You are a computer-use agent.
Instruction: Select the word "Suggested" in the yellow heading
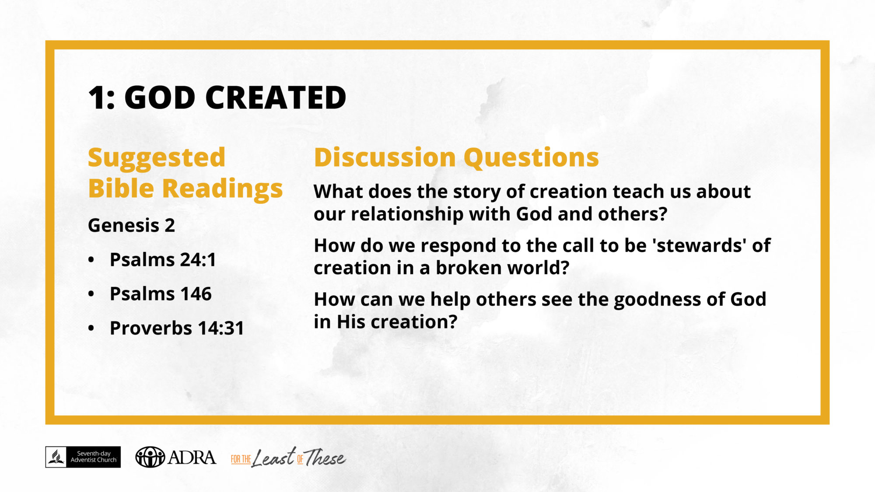pos(157,158)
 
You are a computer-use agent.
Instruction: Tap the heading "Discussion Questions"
pos(456,157)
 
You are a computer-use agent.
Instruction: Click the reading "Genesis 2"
pos(131,226)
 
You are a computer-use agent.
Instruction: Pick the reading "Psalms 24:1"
pos(163,259)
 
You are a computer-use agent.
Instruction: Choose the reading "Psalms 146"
pos(161,293)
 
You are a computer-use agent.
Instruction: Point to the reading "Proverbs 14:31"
pos(177,328)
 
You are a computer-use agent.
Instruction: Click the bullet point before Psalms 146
pos(91,294)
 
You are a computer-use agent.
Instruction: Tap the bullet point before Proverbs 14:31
pos(91,328)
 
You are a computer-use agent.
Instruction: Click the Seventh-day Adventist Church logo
pos(83,457)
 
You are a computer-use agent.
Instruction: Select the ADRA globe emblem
pos(150,457)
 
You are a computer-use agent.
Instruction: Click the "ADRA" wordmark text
pos(192,457)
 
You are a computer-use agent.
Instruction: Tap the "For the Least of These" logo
pos(288,457)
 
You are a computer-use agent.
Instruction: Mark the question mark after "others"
pos(662,214)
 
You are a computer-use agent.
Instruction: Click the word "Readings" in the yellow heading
pos(222,189)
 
